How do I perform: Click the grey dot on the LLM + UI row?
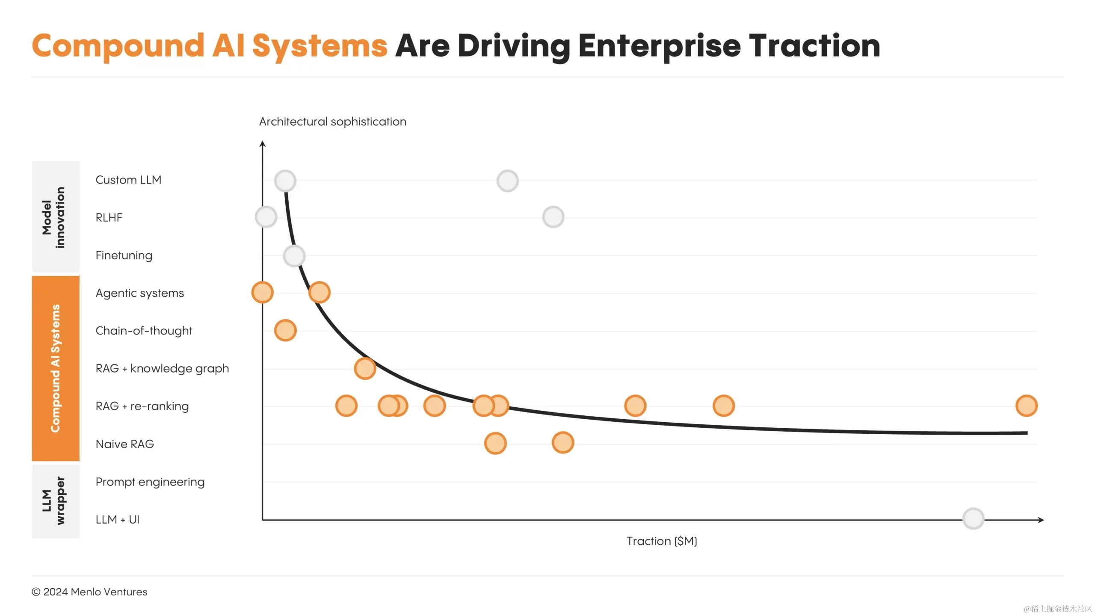point(973,518)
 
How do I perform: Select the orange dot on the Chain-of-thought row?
point(285,330)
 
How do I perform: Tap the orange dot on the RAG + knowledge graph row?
point(365,368)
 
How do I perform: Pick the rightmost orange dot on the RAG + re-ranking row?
point(1026,406)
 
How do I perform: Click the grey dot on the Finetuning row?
point(294,256)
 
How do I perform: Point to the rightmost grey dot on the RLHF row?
point(553,217)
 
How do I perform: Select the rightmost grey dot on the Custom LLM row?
point(508,181)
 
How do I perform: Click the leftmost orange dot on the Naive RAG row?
point(495,443)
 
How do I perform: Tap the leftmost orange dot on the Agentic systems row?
point(262,293)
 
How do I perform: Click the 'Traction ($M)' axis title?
point(662,541)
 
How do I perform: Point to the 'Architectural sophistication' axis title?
point(332,121)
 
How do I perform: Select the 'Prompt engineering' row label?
point(150,482)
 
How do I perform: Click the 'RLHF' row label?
point(109,217)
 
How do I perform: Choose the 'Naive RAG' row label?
point(124,444)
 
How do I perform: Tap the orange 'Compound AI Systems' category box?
point(56,368)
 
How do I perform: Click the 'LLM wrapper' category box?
point(56,500)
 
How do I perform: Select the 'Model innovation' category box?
point(56,216)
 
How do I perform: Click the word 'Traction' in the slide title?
point(814,46)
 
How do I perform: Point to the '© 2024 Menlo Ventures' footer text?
point(89,592)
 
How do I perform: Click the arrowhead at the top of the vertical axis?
point(263,143)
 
